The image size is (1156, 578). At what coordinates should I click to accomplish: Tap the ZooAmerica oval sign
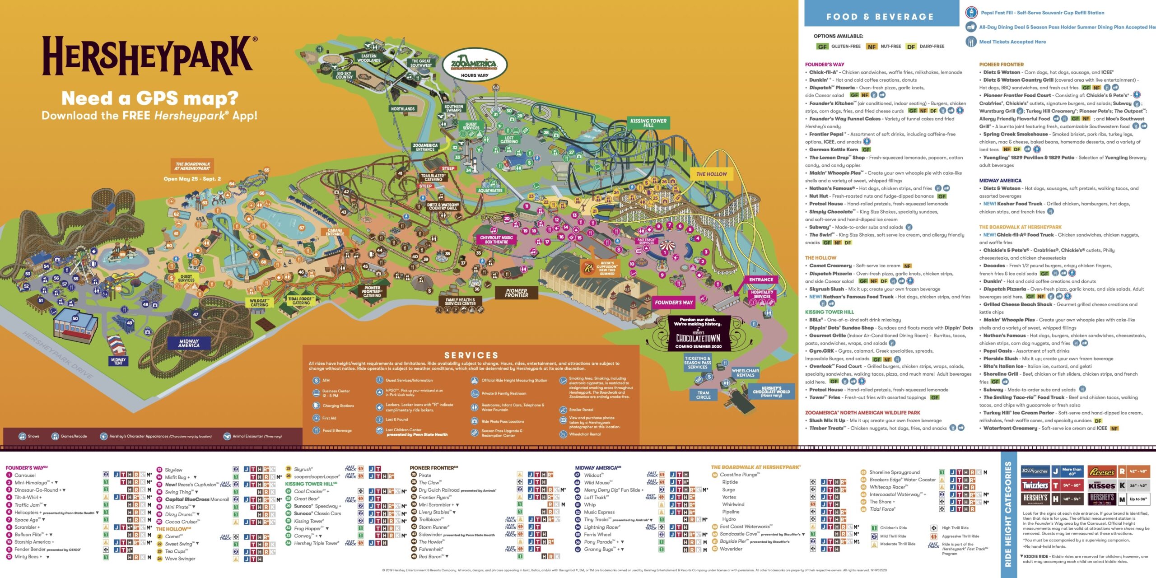474,65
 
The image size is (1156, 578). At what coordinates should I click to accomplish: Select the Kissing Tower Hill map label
648,123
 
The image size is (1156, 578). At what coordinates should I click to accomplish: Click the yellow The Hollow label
711,174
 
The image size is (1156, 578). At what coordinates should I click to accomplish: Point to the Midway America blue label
189,343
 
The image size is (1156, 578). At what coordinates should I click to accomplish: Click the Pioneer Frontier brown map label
516,293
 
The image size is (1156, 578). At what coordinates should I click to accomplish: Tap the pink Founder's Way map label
673,303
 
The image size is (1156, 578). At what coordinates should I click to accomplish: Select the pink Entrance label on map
761,280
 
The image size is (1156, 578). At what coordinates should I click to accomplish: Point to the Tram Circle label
703,395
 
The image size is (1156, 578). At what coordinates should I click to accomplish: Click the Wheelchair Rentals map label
745,373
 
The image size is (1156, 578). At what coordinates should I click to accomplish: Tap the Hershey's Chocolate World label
771,391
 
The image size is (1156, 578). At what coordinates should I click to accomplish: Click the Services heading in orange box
471,355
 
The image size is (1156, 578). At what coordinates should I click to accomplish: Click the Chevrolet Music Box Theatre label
496,240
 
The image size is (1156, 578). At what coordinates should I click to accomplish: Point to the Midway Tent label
118,361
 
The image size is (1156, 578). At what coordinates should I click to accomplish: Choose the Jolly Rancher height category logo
1035,471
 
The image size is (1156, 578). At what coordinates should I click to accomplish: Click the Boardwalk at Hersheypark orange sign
193,166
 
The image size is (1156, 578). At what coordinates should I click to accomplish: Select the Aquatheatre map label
490,190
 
